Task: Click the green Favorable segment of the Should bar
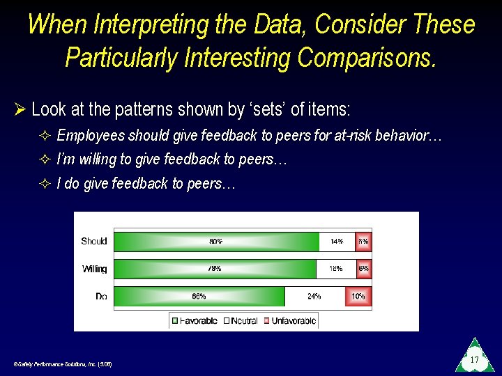tap(216, 242)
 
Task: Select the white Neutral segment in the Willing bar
tap(335, 269)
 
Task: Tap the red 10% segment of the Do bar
tap(358, 296)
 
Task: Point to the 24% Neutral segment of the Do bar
tap(314, 296)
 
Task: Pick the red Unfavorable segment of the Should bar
tap(363, 242)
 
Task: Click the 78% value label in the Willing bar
tap(215, 269)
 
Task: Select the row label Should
tap(94, 242)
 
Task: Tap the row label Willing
tap(94, 269)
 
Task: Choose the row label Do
tap(101, 296)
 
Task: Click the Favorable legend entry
tap(195, 321)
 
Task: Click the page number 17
tap(474, 360)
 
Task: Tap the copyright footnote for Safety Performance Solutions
tap(63, 364)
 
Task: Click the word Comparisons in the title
tap(367, 57)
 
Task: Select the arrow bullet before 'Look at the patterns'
tap(20, 109)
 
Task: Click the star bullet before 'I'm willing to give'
tap(45, 160)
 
